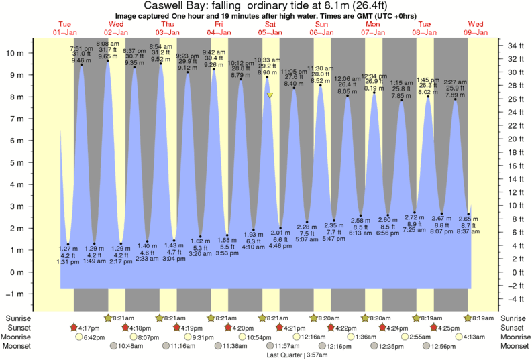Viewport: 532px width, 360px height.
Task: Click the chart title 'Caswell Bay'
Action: pyautogui.click(x=173, y=6)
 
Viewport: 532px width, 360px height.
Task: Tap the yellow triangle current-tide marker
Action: pyautogui.click(x=270, y=95)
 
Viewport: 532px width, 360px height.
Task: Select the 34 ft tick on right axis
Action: pyautogui.click(x=515, y=46)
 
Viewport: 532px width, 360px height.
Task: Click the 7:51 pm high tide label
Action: pyautogui.click(x=82, y=49)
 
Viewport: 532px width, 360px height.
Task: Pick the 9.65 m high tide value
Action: pyautogui.click(x=109, y=57)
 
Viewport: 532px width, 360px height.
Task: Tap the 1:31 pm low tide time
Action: pyautogui.click(x=68, y=261)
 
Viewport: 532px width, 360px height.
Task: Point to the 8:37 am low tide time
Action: pyautogui.click(x=468, y=231)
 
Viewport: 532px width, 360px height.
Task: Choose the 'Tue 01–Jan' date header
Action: pyautogui.click(x=66, y=28)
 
